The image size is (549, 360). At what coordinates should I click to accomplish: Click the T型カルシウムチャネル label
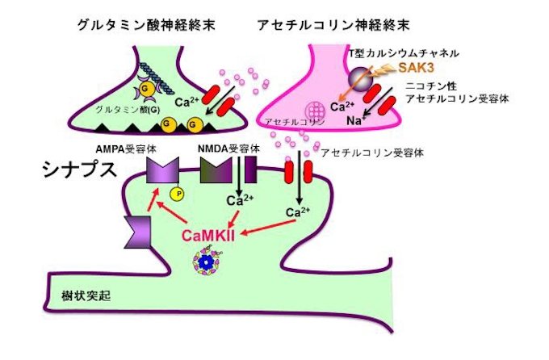click(x=408, y=52)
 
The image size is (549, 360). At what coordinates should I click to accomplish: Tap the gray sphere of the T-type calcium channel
click(x=358, y=78)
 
